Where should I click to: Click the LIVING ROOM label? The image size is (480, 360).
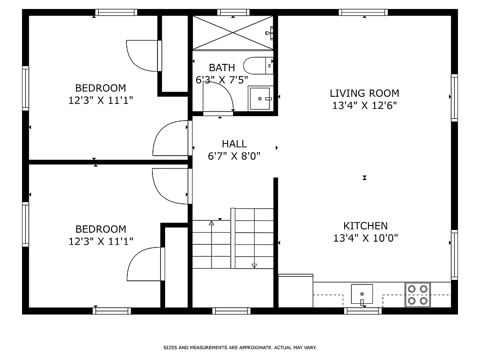point(364,93)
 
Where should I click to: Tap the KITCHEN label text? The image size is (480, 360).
point(365,226)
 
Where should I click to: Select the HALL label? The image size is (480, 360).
point(234,144)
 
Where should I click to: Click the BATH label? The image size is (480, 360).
point(222,67)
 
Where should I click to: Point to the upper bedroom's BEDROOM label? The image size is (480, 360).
point(100,88)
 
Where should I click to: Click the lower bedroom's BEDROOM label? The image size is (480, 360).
point(100,229)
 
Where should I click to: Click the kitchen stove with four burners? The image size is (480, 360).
point(417,295)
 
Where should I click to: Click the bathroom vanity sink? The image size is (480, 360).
point(260,98)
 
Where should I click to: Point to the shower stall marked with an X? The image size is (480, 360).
point(233,33)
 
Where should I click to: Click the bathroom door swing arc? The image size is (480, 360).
point(218,96)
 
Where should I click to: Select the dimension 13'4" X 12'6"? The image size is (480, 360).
point(364,106)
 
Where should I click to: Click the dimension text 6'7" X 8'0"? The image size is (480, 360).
point(234,156)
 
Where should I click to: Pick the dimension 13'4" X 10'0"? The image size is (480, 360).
point(365,238)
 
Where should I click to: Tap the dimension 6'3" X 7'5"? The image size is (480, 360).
point(222,80)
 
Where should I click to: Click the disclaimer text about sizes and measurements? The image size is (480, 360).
point(240,347)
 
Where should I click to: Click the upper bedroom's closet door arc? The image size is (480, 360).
point(142,56)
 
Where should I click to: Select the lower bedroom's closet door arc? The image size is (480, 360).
point(144,264)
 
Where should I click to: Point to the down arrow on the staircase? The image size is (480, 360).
point(254,265)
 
